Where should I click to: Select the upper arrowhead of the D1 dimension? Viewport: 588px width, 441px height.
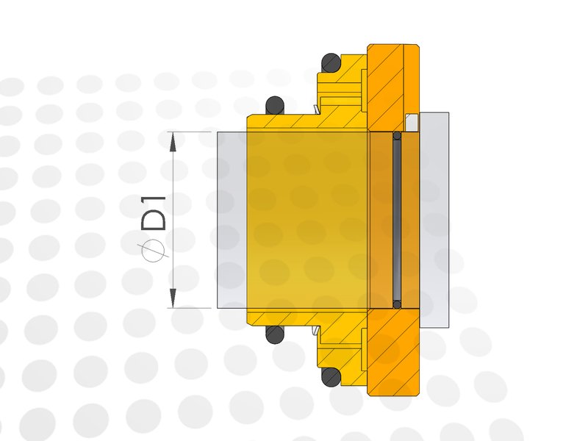pos(173,142)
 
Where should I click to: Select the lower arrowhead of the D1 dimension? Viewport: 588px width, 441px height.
pos(173,298)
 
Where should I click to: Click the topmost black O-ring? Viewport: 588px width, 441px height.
pos(331,63)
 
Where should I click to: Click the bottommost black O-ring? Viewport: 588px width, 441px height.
pos(331,376)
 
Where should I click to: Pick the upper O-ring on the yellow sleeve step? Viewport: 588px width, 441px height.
pos(275,106)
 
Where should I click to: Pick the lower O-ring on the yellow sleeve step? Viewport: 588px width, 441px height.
pos(275,334)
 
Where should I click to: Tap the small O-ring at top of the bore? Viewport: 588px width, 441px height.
pos(397,136)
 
